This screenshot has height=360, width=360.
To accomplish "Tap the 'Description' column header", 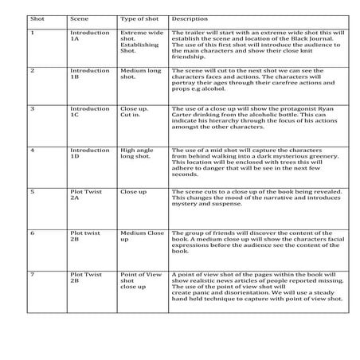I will [190, 17].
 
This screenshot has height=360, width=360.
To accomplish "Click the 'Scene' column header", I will [79, 17].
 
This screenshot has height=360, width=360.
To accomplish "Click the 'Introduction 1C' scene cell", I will [89, 112].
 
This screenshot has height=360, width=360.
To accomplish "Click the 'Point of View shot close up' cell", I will [140, 280].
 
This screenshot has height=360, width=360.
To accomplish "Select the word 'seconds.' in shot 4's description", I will [185, 174].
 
